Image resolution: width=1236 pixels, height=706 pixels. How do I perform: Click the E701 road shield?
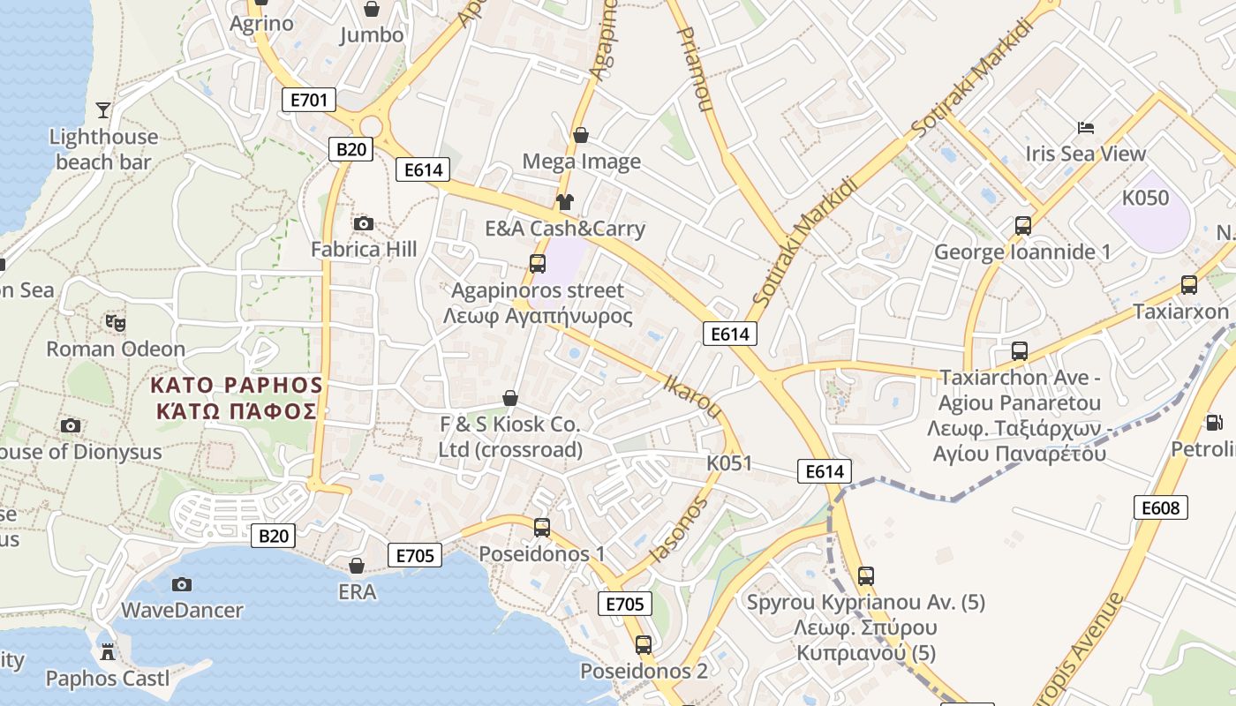tap(309, 100)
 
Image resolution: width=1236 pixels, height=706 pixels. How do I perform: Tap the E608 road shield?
tap(1160, 507)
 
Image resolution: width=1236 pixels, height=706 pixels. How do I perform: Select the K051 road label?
tap(729, 463)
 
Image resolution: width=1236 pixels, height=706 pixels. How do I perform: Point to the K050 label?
tap(1145, 198)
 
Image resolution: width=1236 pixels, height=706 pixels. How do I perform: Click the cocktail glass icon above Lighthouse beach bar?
tap(103, 110)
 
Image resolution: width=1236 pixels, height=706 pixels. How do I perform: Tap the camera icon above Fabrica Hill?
tap(363, 224)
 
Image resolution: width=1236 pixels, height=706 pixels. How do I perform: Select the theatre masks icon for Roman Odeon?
tap(115, 323)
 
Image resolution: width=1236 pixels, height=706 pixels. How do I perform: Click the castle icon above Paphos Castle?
tap(108, 652)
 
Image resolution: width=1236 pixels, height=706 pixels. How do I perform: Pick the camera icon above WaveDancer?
tap(181, 584)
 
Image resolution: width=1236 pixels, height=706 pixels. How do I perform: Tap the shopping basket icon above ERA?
tap(357, 566)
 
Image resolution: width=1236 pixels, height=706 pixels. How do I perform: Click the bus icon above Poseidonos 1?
tap(542, 528)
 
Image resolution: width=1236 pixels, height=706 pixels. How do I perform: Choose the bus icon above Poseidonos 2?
tap(644, 645)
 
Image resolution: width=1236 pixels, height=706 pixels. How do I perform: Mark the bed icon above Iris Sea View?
tap(1086, 128)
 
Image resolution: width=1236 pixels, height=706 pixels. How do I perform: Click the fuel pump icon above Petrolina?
tap(1215, 423)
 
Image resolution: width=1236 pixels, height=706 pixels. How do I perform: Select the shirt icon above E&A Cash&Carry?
tap(565, 202)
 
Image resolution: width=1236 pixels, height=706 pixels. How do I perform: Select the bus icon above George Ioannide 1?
tap(1022, 226)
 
